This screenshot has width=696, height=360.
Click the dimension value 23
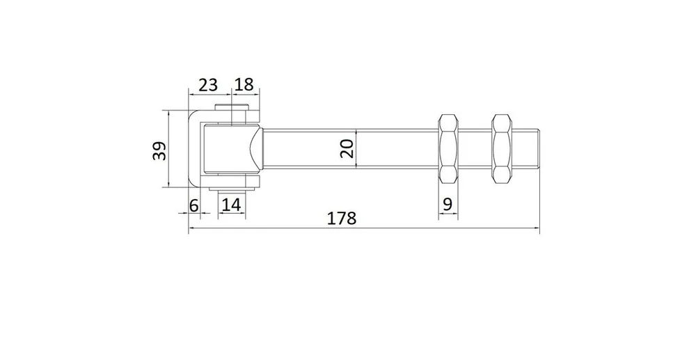click(207, 84)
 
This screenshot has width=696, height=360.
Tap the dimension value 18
click(244, 84)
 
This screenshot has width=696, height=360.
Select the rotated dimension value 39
click(159, 150)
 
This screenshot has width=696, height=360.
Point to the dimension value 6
click(193, 205)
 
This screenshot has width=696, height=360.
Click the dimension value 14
click(231, 205)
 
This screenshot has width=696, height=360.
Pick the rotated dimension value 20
click(347, 149)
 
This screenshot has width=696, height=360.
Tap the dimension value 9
click(448, 204)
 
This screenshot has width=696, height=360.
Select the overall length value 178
click(342, 219)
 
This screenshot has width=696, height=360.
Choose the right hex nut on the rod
click(502, 149)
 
